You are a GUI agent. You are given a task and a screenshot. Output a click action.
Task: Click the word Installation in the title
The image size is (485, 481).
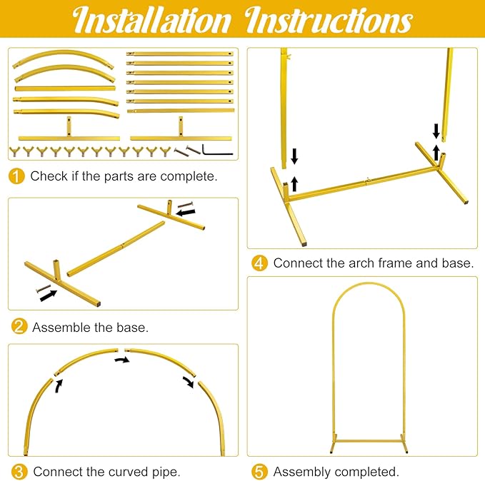tap(152, 19)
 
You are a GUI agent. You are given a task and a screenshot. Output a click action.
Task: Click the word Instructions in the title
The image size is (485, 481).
tap(329, 19)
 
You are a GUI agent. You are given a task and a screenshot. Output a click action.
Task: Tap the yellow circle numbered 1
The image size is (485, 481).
tap(16, 176)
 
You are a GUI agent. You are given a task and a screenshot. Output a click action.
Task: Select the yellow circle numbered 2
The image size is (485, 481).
tap(19, 326)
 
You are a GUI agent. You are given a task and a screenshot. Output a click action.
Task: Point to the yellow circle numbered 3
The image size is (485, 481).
tap(19, 472)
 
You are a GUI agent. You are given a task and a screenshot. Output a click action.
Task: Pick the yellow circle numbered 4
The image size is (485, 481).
tap(259, 263)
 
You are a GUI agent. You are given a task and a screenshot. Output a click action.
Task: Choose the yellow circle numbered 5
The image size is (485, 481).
tap(259, 472)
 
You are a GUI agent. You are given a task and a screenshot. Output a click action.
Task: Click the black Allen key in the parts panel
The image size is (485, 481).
tap(217, 150)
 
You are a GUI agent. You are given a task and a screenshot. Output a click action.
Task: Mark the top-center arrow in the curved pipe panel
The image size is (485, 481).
tap(122, 360)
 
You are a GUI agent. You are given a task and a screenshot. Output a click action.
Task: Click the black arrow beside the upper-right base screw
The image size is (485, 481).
tap(186, 213)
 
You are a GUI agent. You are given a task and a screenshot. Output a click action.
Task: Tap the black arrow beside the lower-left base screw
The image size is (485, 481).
tap(49, 295)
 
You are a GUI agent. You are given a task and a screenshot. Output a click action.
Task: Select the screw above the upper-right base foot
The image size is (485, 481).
tap(185, 204)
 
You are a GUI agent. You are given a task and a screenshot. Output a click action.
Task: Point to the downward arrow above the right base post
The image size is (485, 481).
tap(436, 131)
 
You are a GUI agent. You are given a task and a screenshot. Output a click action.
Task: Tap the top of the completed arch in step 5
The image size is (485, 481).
tap(369, 283)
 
